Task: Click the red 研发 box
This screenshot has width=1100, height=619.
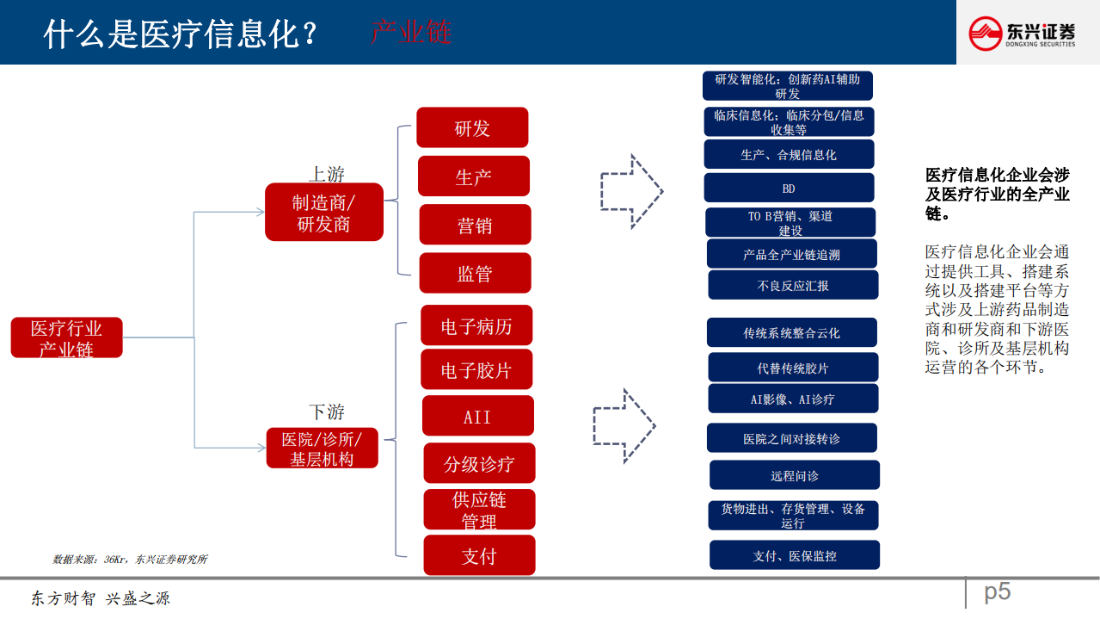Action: [x=472, y=127]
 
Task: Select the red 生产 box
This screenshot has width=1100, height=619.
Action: [x=473, y=176]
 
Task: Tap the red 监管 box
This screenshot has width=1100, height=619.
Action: [x=475, y=273]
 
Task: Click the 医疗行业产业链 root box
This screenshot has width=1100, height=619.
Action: [x=66, y=337]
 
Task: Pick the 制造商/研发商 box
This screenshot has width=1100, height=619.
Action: [x=323, y=212]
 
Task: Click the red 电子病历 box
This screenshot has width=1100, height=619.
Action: [x=476, y=325]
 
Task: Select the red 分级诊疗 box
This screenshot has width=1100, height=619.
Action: [x=479, y=463]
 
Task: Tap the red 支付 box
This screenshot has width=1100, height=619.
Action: [x=479, y=555]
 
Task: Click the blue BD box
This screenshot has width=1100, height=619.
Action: [x=789, y=188]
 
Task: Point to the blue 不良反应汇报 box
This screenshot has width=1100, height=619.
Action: [x=793, y=285]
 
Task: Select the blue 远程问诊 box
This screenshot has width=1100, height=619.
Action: [x=794, y=475]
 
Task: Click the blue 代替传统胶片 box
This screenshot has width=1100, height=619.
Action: [x=793, y=368]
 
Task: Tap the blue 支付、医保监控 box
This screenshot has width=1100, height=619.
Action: [x=794, y=555]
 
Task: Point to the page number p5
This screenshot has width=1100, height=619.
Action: [x=997, y=591]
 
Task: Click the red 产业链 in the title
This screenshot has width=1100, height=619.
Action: [x=411, y=33]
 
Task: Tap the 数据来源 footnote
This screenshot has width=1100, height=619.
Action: [x=130, y=560]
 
